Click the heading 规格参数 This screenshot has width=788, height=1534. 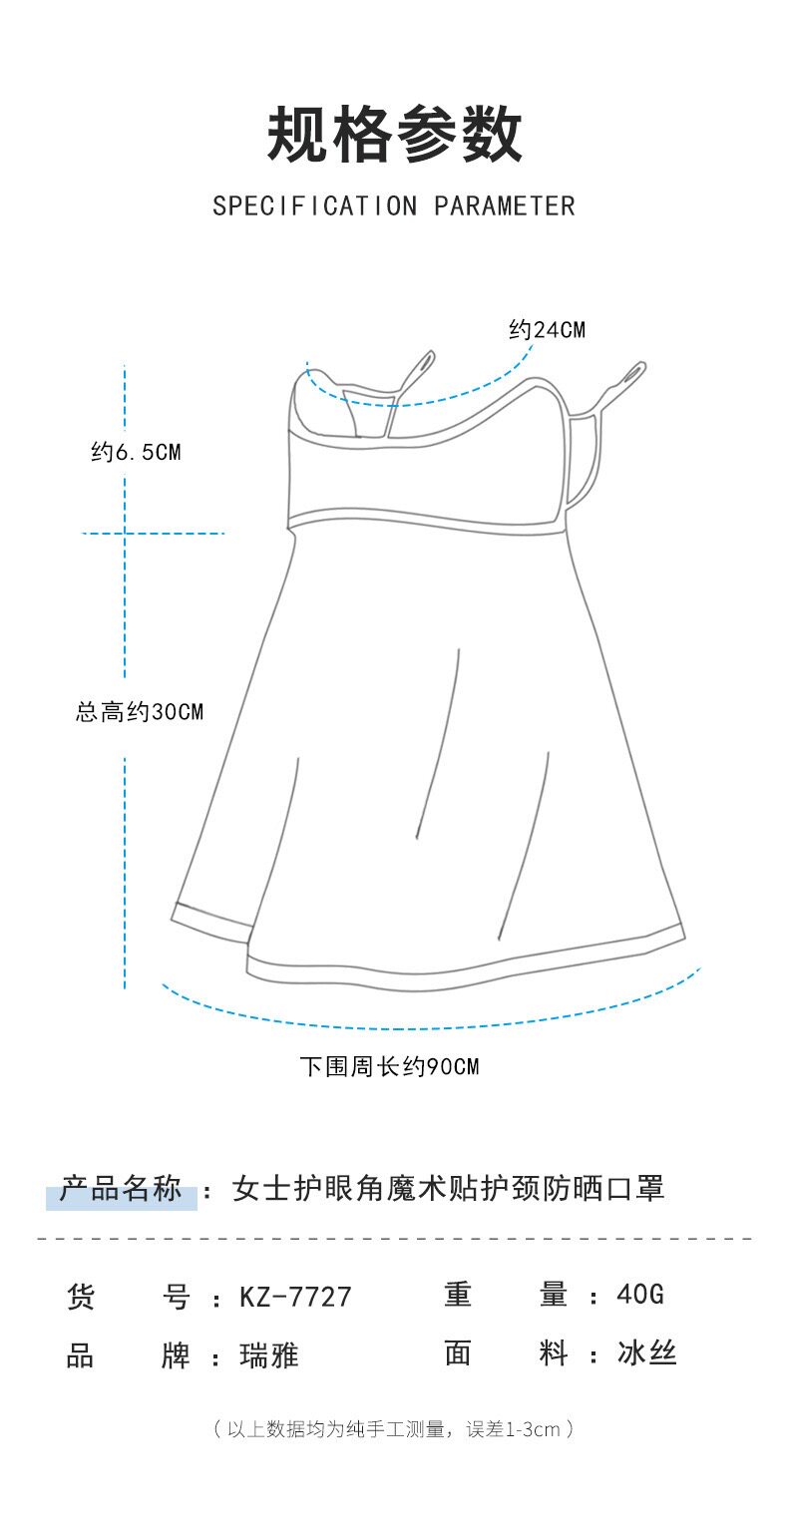pyautogui.click(x=394, y=137)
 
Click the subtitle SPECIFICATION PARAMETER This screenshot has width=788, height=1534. pyautogui.click(x=394, y=206)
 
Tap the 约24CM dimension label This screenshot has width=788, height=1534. pyautogui.click(x=547, y=330)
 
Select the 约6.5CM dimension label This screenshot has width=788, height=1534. pyautogui.click(x=136, y=452)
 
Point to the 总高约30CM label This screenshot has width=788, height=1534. pyautogui.click(x=139, y=712)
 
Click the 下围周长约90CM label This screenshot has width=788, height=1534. pyautogui.click(x=389, y=1067)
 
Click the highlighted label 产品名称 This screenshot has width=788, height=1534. pyautogui.click(x=121, y=1190)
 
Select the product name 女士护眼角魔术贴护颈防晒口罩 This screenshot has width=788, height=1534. pyautogui.click(x=448, y=1189)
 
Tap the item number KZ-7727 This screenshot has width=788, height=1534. pyautogui.click(x=295, y=1297)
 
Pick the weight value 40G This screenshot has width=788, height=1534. pyautogui.click(x=640, y=1295)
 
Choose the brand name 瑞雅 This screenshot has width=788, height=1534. pyautogui.click(x=269, y=1355)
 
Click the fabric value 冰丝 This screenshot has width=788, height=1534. pyautogui.click(x=647, y=1354)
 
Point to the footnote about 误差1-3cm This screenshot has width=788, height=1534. pyautogui.click(x=394, y=1429)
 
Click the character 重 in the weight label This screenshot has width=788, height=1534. pyautogui.click(x=458, y=1295)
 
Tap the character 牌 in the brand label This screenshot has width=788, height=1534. pyautogui.click(x=176, y=1355)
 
